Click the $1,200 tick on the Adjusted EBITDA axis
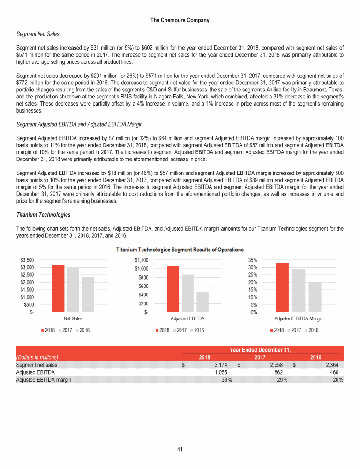click(x=141, y=260)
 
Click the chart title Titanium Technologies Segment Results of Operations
click(x=180, y=249)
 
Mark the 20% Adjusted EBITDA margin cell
click(x=337, y=380)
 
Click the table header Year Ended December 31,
click(x=260, y=349)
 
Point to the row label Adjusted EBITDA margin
click(x=44, y=380)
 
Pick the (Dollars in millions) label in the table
click(x=40, y=357)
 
